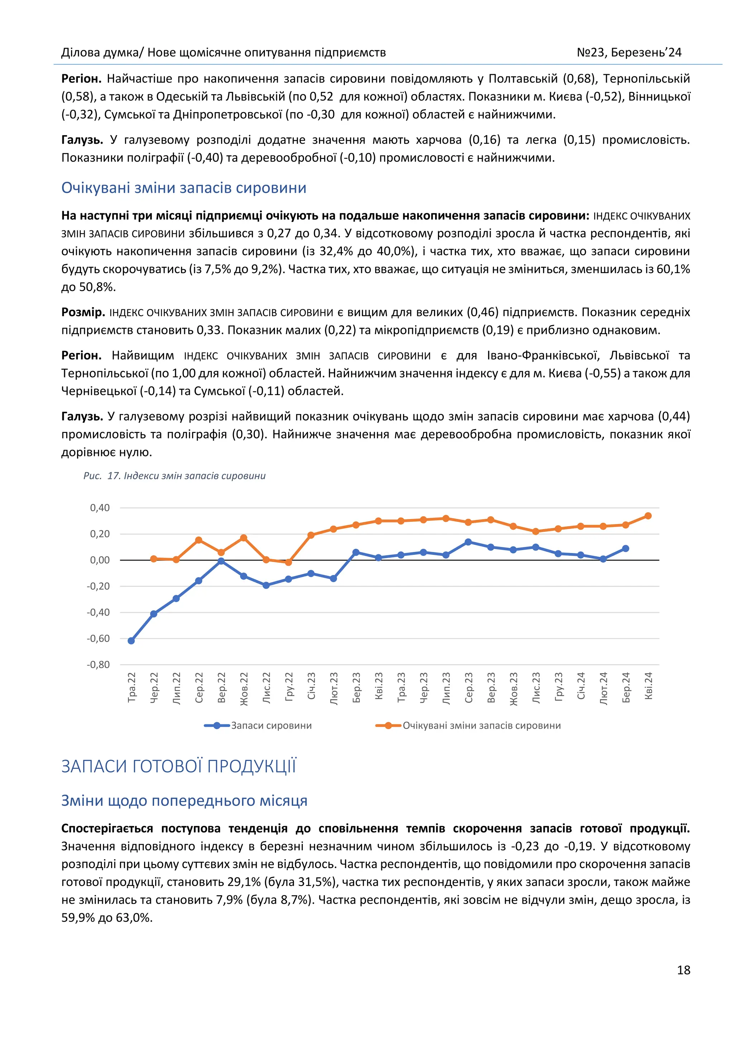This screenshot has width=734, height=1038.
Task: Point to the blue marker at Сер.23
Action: click(468, 542)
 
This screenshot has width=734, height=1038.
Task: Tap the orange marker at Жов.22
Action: click(244, 538)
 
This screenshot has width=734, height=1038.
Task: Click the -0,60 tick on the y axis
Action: click(99, 638)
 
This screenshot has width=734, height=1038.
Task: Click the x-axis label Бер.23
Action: click(356, 688)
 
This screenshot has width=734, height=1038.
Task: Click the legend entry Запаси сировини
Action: click(271, 725)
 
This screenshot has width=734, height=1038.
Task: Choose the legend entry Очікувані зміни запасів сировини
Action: click(481, 725)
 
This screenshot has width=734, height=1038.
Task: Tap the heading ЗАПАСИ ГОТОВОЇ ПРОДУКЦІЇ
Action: click(178, 767)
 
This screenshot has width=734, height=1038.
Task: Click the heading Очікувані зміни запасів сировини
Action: click(183, 187)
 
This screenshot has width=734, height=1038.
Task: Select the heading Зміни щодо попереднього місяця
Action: click(184, 801)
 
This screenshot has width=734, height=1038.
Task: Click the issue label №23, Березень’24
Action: click(629, 52)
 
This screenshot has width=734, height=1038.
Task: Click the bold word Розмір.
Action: click(83, 313)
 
